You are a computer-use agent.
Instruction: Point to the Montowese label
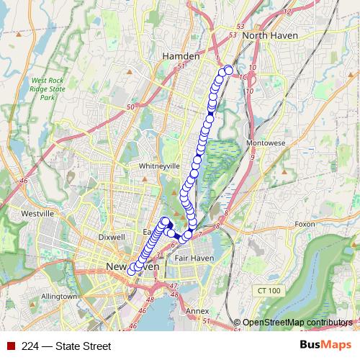(x=266, y=143)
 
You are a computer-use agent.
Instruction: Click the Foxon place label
(x=305, y=224)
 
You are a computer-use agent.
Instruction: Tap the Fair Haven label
(x=191, y=258)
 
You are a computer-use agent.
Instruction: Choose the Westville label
(x=38, y=214)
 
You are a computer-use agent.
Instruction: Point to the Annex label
(x=197, y=311)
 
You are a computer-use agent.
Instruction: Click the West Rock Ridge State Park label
(x=48, y=89)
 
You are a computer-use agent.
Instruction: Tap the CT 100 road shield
(x=266, y=289)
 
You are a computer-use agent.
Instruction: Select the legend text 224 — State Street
(x=66, y=346)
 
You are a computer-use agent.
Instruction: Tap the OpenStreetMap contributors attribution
(x=297, y=322)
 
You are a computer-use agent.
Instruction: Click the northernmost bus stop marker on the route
(x=229, y=70)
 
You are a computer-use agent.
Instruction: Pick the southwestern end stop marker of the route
(x=132, y=271)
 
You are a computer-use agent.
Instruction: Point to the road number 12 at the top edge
(x=289, y=12)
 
